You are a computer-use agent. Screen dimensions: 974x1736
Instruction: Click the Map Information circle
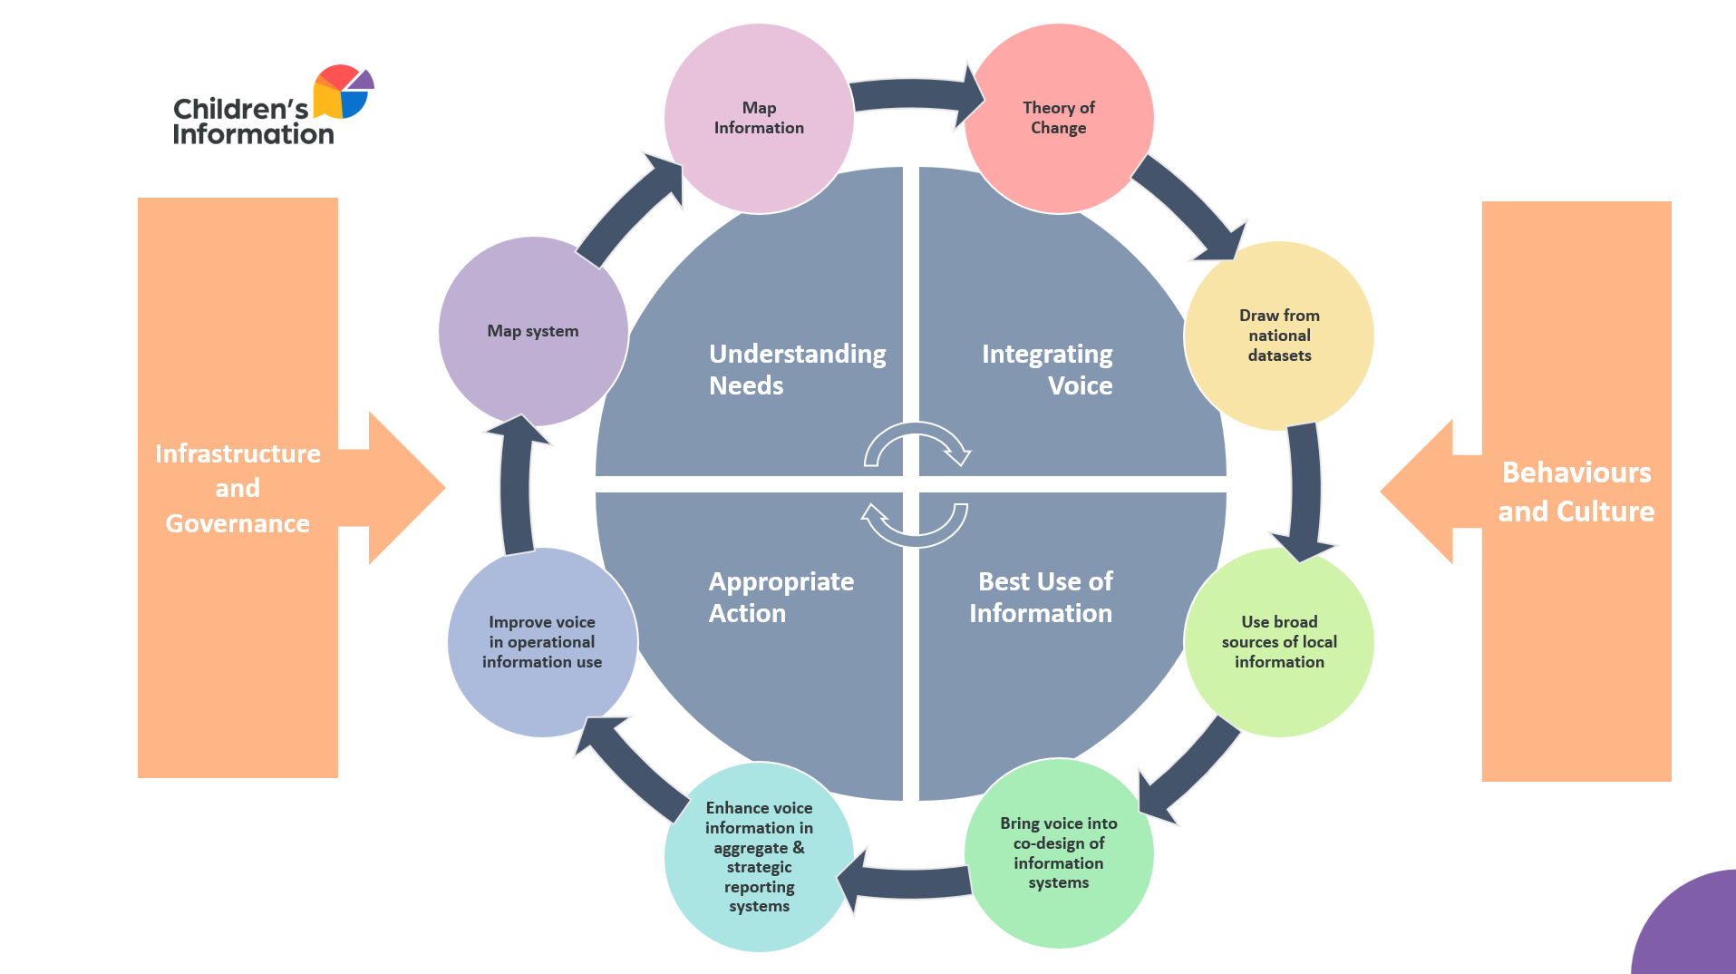pos(759,119)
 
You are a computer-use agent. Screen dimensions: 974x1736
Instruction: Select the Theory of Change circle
pos(1058,119)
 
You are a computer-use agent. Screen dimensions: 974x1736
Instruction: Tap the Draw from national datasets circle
pos(1278,336)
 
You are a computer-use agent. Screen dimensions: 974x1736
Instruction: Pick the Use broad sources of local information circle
pos(1278,642)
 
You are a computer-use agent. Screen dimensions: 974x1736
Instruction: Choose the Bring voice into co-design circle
pos(1058,852)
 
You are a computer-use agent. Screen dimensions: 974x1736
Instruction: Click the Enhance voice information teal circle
pos(759,857)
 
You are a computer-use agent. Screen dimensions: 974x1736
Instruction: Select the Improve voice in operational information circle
pos(542,642)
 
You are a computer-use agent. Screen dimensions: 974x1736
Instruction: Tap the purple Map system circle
pos(533,332)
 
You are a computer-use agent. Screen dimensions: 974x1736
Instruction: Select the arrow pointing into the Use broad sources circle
pos(1304,490)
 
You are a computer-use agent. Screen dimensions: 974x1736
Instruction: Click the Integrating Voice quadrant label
pos(1047,369)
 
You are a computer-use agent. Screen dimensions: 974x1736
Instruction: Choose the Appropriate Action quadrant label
pos(781,597)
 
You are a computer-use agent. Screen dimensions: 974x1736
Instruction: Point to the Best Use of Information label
pos(1042,597)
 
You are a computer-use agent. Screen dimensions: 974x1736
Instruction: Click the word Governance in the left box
pos(238,523)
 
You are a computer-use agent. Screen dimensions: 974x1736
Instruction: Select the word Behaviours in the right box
pos(1576,472)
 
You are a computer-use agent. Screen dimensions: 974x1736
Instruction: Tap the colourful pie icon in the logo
pos(343,92)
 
